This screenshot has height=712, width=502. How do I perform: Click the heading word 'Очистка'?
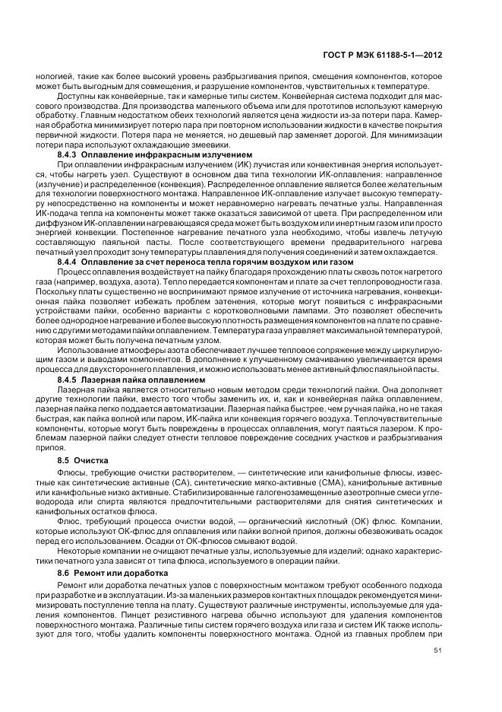pos(95,461)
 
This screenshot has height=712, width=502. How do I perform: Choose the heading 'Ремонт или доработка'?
pos(134,571)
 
